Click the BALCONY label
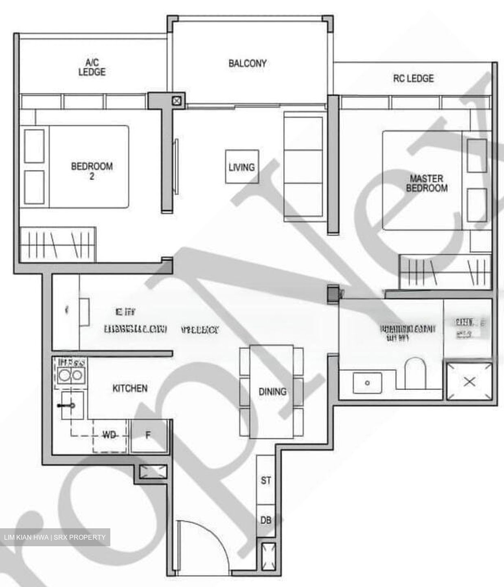click(247, 64)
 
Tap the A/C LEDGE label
click(92, 68)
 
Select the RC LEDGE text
click(413, 78)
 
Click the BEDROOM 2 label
click(92, 171)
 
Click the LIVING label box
click(242, 167)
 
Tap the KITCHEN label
click(130, 388)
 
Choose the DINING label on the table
click(272, 392)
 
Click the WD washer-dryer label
click(109, 435)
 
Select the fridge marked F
click(148, 435)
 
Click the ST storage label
click(266, 481)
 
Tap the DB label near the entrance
click(266, 520)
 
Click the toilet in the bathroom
click(414, 373)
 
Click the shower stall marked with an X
click(469, 382)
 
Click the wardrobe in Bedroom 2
click(57, 245)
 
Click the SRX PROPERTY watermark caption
click(55, 537)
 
